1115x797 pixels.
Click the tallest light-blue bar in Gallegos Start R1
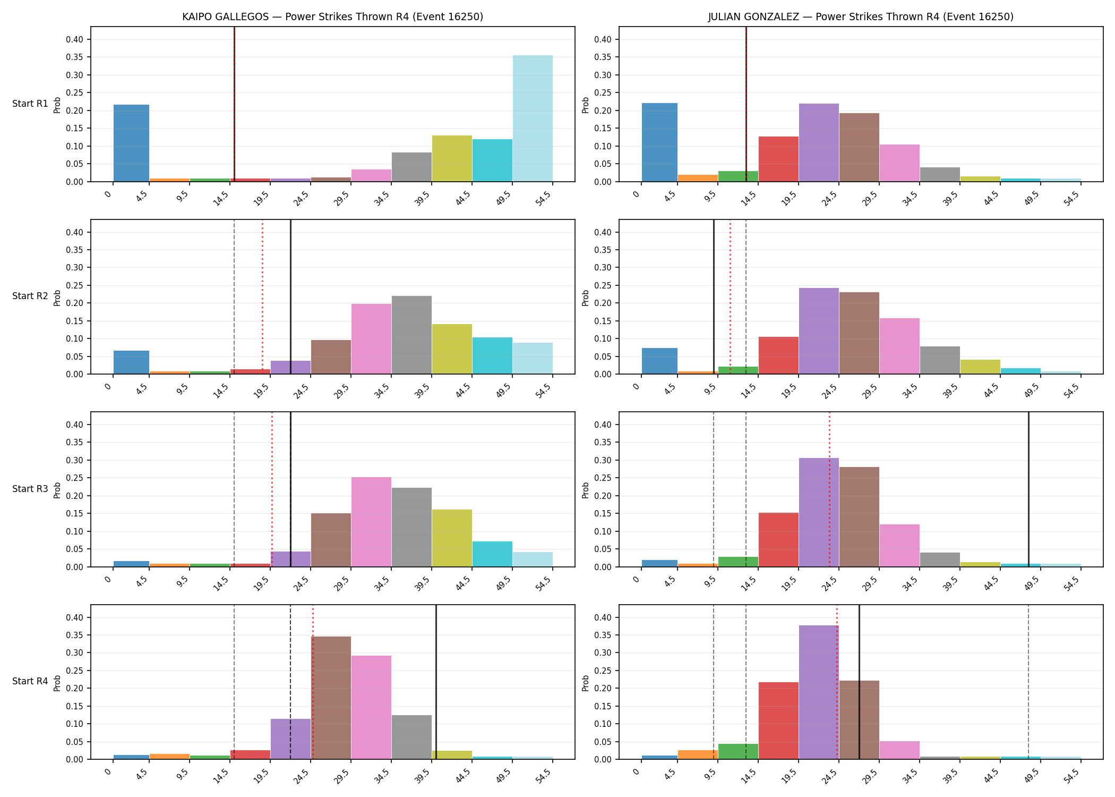[533, 118]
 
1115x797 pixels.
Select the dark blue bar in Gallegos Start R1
[131, 143]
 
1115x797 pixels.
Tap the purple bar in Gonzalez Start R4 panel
[819, 692]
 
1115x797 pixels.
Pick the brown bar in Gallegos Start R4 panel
[331, 698]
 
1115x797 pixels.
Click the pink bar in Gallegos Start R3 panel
[371, 522]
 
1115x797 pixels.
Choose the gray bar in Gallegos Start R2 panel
[411, 335]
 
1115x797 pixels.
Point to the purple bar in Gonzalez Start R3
[819, 512]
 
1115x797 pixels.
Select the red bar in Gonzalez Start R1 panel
[778, 159]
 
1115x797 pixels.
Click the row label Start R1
[30, 104]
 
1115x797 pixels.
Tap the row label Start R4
[30, 681]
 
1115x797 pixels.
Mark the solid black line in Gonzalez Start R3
[1028, 489]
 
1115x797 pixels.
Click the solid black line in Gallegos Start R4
[436, 682]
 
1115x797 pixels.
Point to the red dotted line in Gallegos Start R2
[262, 297]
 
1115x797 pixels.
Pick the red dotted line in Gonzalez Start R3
[829, 489]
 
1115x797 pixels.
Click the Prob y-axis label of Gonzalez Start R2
[586, 298]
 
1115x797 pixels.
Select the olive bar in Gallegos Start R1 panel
[452, 158]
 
